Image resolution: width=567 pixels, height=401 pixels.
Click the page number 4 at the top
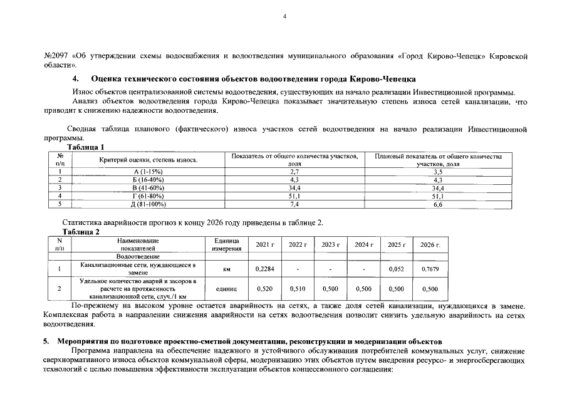pos(284,17)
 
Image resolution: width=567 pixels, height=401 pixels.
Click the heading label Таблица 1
pos(86,147)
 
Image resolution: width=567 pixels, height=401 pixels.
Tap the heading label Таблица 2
pos(81,231)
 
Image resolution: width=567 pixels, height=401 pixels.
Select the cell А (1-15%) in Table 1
pos(148,171)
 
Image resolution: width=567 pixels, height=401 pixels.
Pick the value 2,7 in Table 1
pos(294,171)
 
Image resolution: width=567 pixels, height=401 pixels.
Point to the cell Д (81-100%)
pos(148,204)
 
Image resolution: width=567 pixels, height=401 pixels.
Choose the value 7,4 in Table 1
pos(294,204)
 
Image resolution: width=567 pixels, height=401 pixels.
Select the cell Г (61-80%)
pos(148,195)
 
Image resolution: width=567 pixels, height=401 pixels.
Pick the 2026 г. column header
pos(430,244)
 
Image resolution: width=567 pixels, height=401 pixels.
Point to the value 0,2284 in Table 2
pos(266,269)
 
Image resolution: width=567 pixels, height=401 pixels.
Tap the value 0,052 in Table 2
pos(397,269)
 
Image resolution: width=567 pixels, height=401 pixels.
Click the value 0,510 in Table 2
pos(298,289)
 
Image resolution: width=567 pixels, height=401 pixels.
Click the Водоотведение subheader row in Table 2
pos(137,256)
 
